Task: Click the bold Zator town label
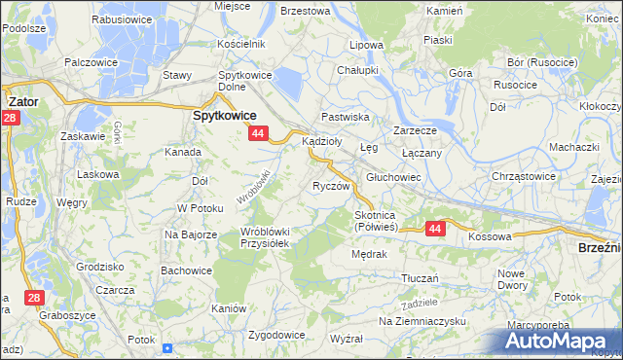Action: coord(22,100)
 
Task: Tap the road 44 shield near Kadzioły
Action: coord(258,133)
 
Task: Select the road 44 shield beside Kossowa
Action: coord(434,228)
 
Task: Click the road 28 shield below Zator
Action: coord(10,119)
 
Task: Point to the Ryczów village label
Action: coord(330,185)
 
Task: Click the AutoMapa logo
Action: coord(559,341)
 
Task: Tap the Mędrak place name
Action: coord(370,255)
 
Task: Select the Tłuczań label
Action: coord(421,277)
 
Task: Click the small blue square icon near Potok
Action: coord(167,347)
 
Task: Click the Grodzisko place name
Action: coord(99,266)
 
